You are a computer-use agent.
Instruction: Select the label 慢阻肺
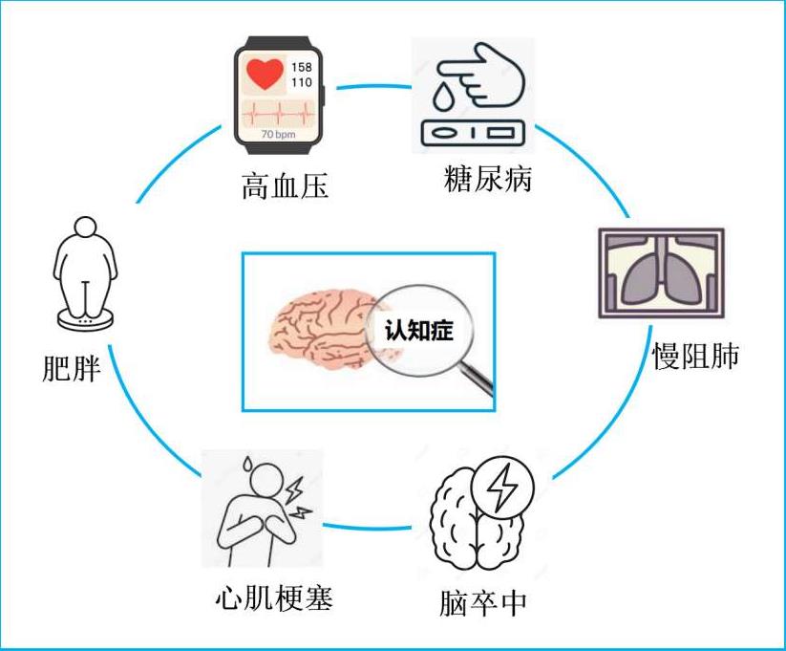[x=695, y=354]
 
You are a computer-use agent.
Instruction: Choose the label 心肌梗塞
[x=274, y=599]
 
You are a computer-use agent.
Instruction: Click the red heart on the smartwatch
[x=265, y=73]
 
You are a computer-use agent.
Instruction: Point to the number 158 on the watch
[x=301, y=67]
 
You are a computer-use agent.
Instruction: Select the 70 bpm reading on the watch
[x=279, y=135]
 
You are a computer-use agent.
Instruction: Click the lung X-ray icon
[x=660, y=272]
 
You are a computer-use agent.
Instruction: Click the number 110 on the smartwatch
[x=301, y=83]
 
